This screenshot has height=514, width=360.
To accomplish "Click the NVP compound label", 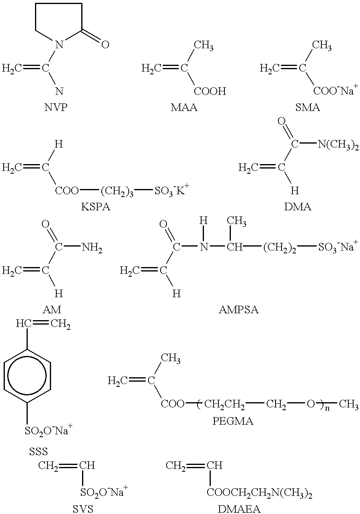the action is (56, 107).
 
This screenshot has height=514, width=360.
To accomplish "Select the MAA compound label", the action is (184, 107).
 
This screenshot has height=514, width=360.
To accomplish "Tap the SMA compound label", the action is (307, 107).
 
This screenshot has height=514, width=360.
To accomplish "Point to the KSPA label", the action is (95, 207).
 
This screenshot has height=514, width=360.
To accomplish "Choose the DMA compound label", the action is (298, 207).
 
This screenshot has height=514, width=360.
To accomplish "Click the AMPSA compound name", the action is (239, 310).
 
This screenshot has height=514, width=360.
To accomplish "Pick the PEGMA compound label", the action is (232, 421).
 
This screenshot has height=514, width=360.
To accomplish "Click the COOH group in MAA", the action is (210, 91).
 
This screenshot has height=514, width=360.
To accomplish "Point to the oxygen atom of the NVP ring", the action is (105, 45).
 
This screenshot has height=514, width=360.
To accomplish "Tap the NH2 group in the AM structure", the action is (92, 248).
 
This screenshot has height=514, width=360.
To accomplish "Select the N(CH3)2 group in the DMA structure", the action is (338, 145).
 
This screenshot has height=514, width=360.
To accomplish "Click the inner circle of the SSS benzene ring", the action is (27, 375).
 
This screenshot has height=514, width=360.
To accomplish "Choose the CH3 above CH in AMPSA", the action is (237, 222).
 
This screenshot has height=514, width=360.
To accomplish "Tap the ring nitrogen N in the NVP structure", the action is (60, 45).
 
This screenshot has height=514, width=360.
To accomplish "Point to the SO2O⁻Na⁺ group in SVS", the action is (104, 492).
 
